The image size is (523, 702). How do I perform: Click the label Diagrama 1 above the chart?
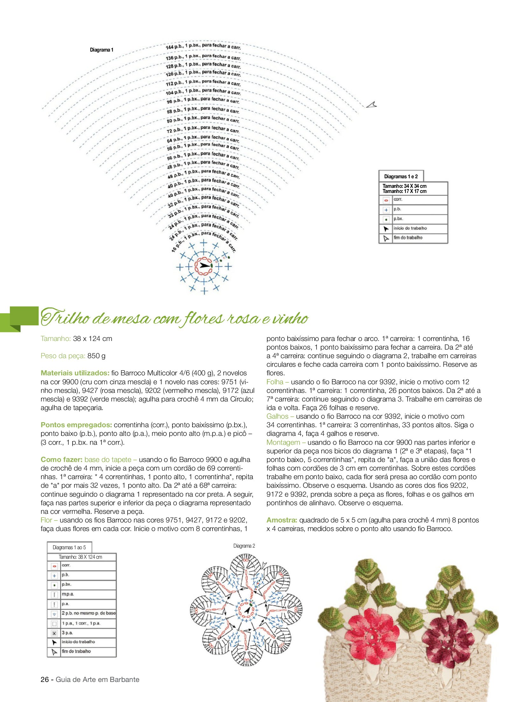(101, 50)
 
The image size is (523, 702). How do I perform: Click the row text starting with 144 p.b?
(203, 46)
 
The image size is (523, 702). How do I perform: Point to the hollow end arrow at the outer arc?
(371, 104)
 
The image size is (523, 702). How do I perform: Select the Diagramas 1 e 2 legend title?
(401, 176)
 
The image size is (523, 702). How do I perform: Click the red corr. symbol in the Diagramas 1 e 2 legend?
(386, 200)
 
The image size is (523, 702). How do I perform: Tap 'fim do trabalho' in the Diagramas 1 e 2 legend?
(408, 238)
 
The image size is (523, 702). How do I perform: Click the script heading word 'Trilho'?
(65, 317)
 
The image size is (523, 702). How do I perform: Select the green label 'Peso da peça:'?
(63, 356)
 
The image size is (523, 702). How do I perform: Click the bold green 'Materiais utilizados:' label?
(75, 373)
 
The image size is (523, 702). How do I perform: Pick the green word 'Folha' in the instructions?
(275, 382)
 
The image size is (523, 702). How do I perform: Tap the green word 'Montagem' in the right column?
(283, 442)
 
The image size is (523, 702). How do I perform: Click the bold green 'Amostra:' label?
(282, 520)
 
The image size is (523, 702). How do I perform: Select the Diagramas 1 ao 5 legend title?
(69, 547)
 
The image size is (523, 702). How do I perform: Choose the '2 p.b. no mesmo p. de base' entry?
(88, 613)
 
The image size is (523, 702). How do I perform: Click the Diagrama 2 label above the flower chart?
(244, 546)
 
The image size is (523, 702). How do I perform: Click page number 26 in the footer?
(45, 679)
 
